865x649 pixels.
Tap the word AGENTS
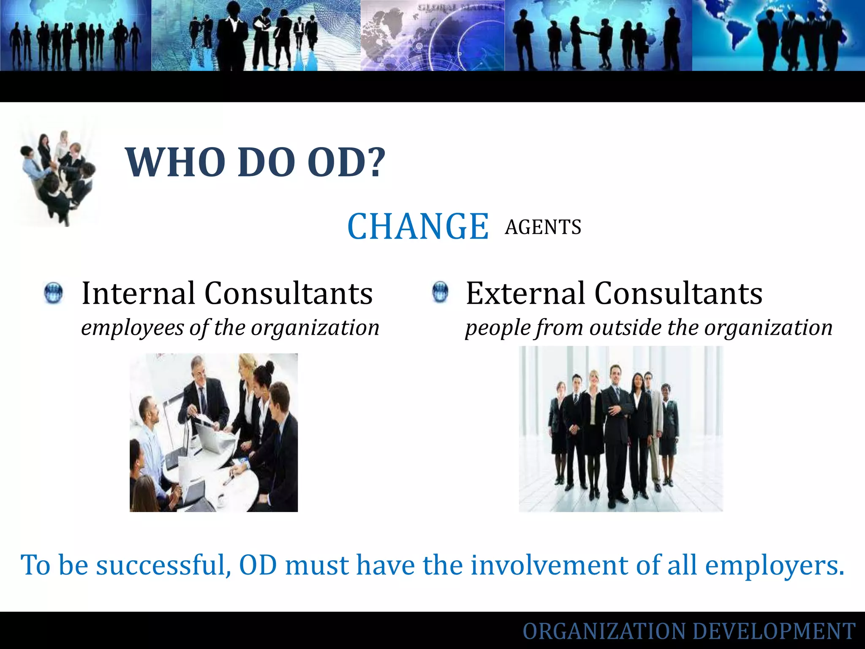pyautogui.click(x=543, y=227)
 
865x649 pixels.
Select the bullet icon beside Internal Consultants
pyautogui.click(x=53, y=293)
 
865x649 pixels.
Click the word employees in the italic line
pyautogui.click(x=132, y=328)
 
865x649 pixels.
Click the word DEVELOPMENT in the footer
pyautogui.click(x=774, y=631)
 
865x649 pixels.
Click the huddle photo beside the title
pyautogui.click(x=57, y=177)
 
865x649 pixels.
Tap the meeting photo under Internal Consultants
pyautogui.click(x=213, y=432)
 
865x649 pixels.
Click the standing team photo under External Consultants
pyautogui.click(x=620, y=428)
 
